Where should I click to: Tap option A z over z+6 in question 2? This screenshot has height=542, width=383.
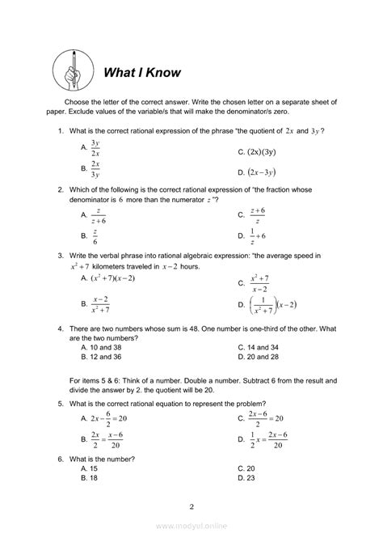(97, 216)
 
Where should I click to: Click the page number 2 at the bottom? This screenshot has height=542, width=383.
(191, 507)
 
